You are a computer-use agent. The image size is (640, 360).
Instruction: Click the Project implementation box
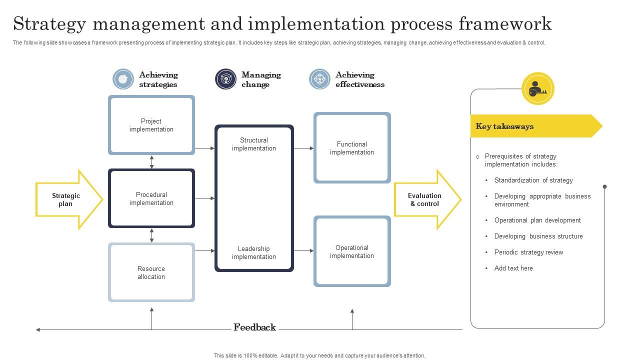point(151,125)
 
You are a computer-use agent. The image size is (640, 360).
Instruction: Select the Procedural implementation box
point(151,198)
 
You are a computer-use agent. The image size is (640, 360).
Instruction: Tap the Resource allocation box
point(151,272)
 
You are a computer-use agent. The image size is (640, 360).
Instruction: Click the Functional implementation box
point(352,148)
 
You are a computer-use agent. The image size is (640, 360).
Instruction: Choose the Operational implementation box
point(352,251)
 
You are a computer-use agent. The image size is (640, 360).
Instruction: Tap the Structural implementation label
point(254,144)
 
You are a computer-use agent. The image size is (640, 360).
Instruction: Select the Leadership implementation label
point(254,252)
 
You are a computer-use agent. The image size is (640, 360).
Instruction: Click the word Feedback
point(254,327)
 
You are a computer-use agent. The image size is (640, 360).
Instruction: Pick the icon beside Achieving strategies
point(123,79)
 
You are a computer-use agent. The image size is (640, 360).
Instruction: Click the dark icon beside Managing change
point(225,79)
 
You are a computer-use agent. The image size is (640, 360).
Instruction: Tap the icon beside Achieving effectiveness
point(319,79)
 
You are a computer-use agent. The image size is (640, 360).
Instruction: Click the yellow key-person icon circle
point(537,89)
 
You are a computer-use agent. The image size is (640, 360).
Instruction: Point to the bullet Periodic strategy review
point(528,252)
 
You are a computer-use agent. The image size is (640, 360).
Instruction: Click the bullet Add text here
point(513,268)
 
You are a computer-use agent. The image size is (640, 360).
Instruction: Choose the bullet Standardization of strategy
point(533,180)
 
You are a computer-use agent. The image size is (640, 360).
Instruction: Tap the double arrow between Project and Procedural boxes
point(151,161)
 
